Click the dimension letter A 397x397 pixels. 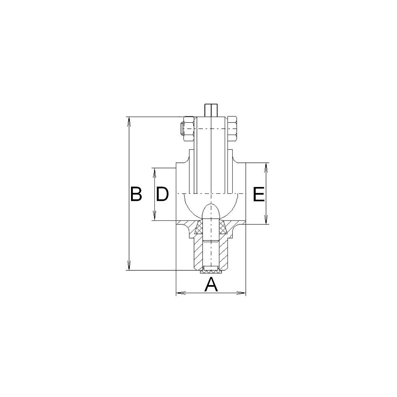click(x=211, y=285)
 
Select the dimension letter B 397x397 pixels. click(x=135, y=194)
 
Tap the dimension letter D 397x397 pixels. click(x=162, y=194)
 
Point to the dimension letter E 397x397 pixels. click(x=259, y=194)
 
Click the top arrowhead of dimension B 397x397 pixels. click(x=129, y=121)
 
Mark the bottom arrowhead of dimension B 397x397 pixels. click(x=129, y=266)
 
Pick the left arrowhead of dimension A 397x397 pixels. click(x=181, y=293)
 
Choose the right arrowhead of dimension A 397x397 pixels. click(x=241, y=293)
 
